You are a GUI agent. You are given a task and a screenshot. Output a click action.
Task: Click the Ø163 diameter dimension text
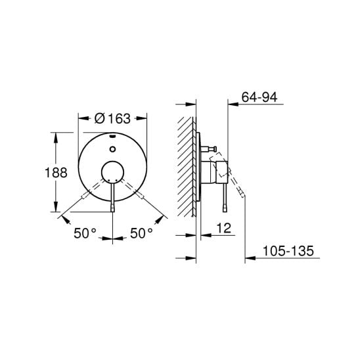pos(112,119)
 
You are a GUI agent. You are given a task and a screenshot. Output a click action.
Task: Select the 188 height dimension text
pos(56,172)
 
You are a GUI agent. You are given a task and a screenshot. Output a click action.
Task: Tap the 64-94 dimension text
pos(259,97)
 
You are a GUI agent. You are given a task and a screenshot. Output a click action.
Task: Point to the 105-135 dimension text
pos(288,250)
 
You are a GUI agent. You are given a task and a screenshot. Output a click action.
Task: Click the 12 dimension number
pos(223,228)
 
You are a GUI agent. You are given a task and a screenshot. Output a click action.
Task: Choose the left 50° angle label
pos(85,233)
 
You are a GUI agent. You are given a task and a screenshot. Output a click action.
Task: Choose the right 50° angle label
pos(141,233)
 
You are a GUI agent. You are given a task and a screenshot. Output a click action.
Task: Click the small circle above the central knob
pos(112,149)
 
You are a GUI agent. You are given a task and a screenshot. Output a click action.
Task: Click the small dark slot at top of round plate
pos(113,137)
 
